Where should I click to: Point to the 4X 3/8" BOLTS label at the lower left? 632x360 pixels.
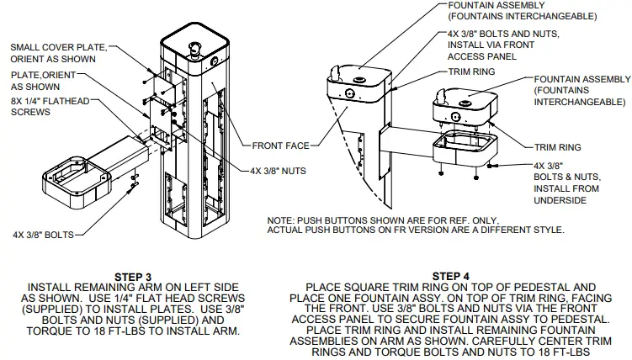pyautogui.click(x=41, y=234)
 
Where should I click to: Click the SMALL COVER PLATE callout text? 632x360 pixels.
pyautogui.click(x=58, y=53)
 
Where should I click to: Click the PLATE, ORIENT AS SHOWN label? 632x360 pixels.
pyautogui.click(x=40, y=81)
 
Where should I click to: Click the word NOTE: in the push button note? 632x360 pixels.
pyautogui.click(x=280, y=221)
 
